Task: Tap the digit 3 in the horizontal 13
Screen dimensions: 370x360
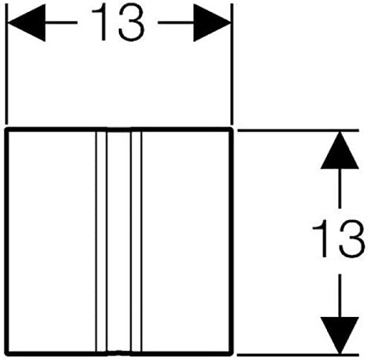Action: click(131, 22)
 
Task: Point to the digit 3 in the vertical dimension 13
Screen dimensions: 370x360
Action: click(351, 239)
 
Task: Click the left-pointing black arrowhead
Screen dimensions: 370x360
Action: click(27, 22)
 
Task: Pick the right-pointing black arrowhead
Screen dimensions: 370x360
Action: click(212, 22)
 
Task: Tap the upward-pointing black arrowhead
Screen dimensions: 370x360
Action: click(340, 150)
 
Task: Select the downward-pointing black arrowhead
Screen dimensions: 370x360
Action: click(340, 335)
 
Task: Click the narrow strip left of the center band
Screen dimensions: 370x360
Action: click(101, 241)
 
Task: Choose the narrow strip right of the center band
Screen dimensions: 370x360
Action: click(136, 241)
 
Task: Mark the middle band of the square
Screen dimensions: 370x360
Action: click(119, 241)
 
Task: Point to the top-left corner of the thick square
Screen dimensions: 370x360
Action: click(7, 129)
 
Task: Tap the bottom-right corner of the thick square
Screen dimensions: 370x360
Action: click(231, 353)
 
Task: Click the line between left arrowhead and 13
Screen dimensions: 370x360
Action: click(62, 22)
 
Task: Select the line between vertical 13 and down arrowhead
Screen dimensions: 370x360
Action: click(340, 295)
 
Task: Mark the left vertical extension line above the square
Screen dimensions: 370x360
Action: click(7, 64)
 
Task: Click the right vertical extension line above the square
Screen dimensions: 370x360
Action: click(232, 64)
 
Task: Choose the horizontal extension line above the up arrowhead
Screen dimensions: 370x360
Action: click(298, 130)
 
